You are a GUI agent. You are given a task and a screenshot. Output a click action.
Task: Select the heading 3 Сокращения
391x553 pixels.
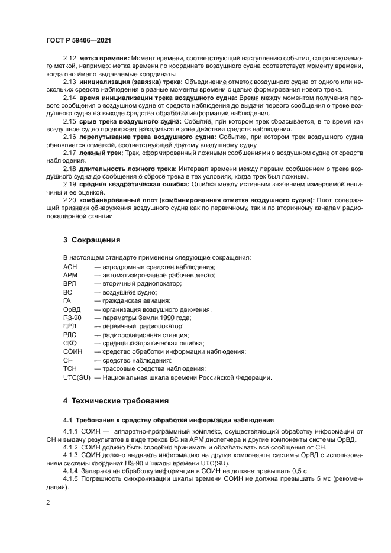click(x=92, y=240)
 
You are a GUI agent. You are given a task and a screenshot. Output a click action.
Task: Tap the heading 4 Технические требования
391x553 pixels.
click(x=116, y=400)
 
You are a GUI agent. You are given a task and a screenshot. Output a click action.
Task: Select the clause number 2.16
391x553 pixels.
click(x=70, y=137)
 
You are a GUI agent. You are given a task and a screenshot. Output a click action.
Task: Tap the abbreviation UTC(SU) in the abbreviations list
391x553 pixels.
click(x=76, y=377)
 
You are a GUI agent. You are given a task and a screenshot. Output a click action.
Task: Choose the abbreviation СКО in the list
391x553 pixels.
click(x=70, y=343)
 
